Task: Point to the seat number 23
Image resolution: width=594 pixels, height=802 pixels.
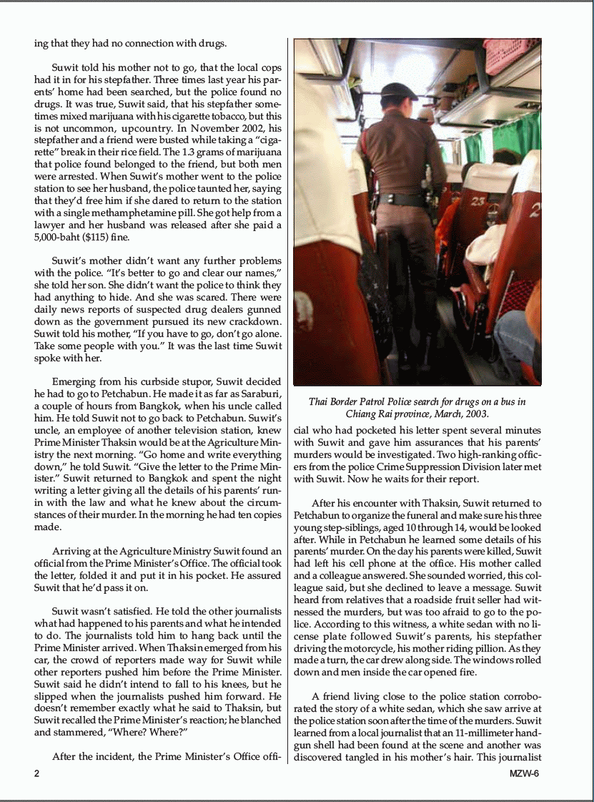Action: point(477,201)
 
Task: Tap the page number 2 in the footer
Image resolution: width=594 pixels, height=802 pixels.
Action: point(36,773)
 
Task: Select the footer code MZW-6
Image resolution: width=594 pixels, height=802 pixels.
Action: point(524,773)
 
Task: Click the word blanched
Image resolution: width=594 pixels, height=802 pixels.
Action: point(262,720)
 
